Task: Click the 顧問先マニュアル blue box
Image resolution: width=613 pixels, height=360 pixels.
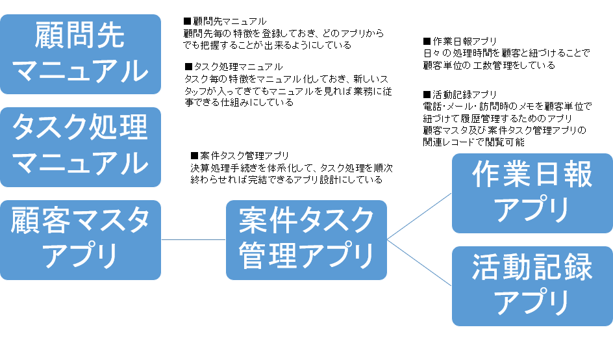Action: tap(80, 54)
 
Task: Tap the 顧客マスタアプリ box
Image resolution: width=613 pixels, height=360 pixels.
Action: tap(80, 240)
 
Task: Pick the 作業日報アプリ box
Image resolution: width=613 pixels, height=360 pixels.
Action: tap(532, 192)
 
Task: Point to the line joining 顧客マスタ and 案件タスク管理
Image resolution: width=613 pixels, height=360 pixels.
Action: tap(193, 240)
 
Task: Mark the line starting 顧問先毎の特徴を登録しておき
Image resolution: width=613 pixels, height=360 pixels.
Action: tap(283, 33)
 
